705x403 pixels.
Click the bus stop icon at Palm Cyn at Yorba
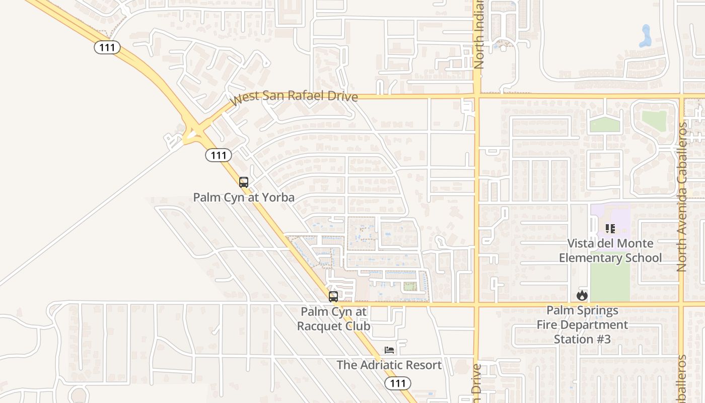[244, 182]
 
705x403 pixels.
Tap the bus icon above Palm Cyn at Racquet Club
[333, 296]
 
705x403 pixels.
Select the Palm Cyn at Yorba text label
[244, 197]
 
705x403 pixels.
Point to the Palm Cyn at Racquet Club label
[333, 319]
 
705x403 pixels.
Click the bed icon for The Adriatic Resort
[389, 350]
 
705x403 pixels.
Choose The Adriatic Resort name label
[389, 365]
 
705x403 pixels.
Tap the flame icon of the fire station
[582, 296]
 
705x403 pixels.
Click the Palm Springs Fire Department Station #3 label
[582, 325]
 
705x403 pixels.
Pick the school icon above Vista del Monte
[610, 229]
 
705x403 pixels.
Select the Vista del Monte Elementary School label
[610, 251]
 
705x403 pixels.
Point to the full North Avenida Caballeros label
[683, 196]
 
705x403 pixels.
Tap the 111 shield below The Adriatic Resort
[398, 383]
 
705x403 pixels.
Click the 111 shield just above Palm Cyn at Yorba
[219, 155]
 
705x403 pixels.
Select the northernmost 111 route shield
[107, 47]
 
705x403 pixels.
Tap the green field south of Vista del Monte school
[610, 281]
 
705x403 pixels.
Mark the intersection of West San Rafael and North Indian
[476, 96]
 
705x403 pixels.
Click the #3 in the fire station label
[603, 340]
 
